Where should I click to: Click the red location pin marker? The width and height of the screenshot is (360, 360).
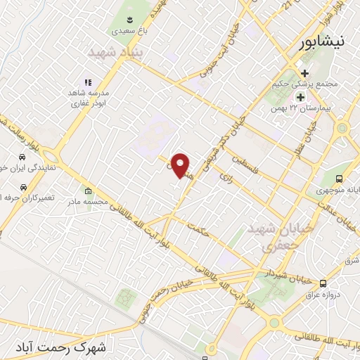coord(181,165)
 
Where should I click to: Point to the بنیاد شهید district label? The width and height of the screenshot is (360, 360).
coord(115,52)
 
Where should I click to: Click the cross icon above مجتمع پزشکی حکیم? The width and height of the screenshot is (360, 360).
coord(304,72)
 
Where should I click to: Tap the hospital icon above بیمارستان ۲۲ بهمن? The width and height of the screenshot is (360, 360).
coord(301,97)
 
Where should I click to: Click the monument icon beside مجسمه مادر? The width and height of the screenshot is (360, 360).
coord(88,191)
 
